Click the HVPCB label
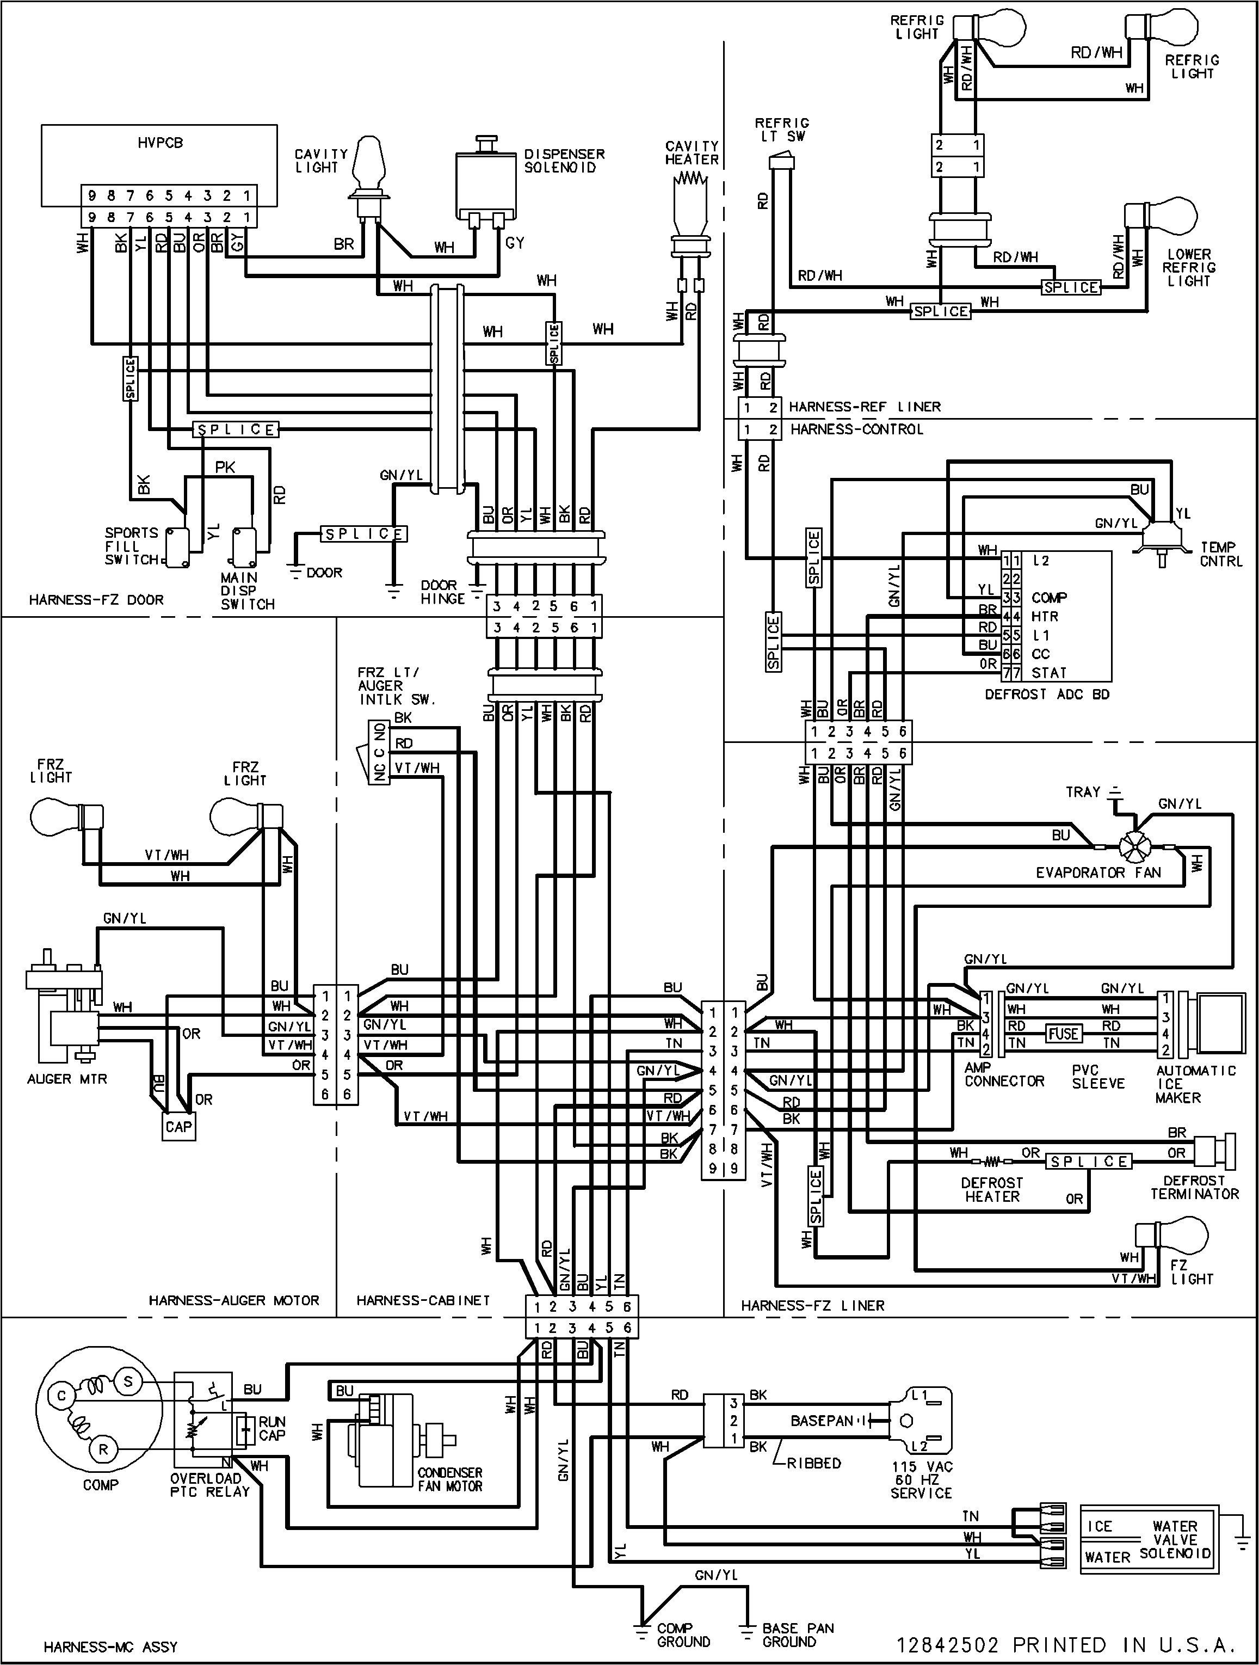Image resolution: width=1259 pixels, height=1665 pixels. pos(159,142)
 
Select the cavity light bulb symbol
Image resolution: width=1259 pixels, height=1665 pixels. pos(369,162)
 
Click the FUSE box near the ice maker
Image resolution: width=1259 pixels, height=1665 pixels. pos(1063,1034)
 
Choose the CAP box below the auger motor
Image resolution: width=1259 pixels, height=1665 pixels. pos(179,1127)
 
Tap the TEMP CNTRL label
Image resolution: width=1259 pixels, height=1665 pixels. pos(1220,554)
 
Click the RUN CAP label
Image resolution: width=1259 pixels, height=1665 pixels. pos(271,1428)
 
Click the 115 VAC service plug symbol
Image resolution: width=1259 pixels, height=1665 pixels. pos(919,1421)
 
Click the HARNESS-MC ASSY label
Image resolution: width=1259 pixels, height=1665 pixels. pos(110,1646)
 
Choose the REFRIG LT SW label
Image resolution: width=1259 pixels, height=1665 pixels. pos(782,130)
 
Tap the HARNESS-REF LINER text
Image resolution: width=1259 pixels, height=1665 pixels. pos(865,407)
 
